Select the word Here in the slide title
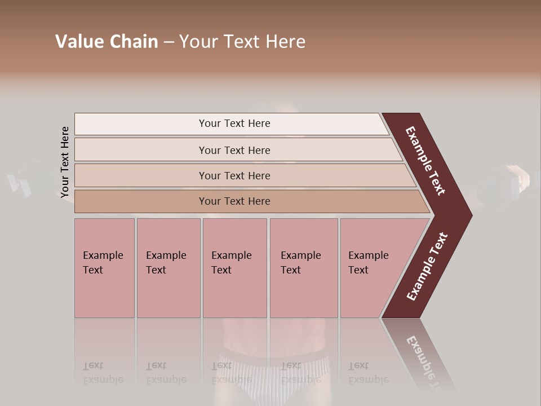[x=285, y=42]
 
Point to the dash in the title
[x=168, y=42]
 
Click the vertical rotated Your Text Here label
[x=65, y=162]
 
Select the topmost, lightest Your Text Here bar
[x=234, y=123]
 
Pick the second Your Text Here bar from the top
[x=234, y=150]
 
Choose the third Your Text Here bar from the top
[x=234, y=175]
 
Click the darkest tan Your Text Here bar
[x=234, y=201]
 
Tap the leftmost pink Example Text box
[x=104, y=268]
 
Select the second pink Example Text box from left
[x=168, y=268]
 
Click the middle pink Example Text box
[x=234, y=268]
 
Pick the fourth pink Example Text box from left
[x=303, y=268]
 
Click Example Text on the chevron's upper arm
[x=426, y=161]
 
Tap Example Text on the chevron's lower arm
[x=427, y=267]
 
